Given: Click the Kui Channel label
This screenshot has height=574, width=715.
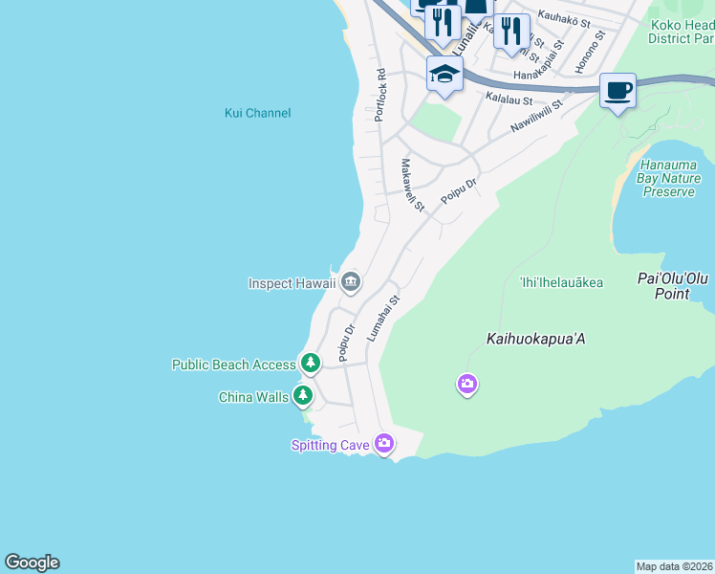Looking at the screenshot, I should coord(257,113).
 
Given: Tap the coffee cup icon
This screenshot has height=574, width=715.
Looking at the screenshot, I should coord(618,91).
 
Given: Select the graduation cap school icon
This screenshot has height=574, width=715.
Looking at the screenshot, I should coord(444,74).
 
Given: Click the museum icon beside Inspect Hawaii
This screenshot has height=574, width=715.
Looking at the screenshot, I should coord(351,282).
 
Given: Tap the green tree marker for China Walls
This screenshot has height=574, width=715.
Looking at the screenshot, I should coord(303,396).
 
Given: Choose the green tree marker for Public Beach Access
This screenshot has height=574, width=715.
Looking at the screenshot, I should coord(310,364).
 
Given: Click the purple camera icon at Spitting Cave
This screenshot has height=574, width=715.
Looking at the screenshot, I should coord(384,443).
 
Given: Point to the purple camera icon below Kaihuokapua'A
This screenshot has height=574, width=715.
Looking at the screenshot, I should coord(466,385).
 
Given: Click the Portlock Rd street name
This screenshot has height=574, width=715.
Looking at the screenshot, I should coord(380,94).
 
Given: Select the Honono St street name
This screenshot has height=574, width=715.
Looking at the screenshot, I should coord(590,52).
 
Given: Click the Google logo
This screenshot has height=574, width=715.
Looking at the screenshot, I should coord(32,563).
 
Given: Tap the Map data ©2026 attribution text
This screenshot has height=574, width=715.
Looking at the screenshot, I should coord(674,565).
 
